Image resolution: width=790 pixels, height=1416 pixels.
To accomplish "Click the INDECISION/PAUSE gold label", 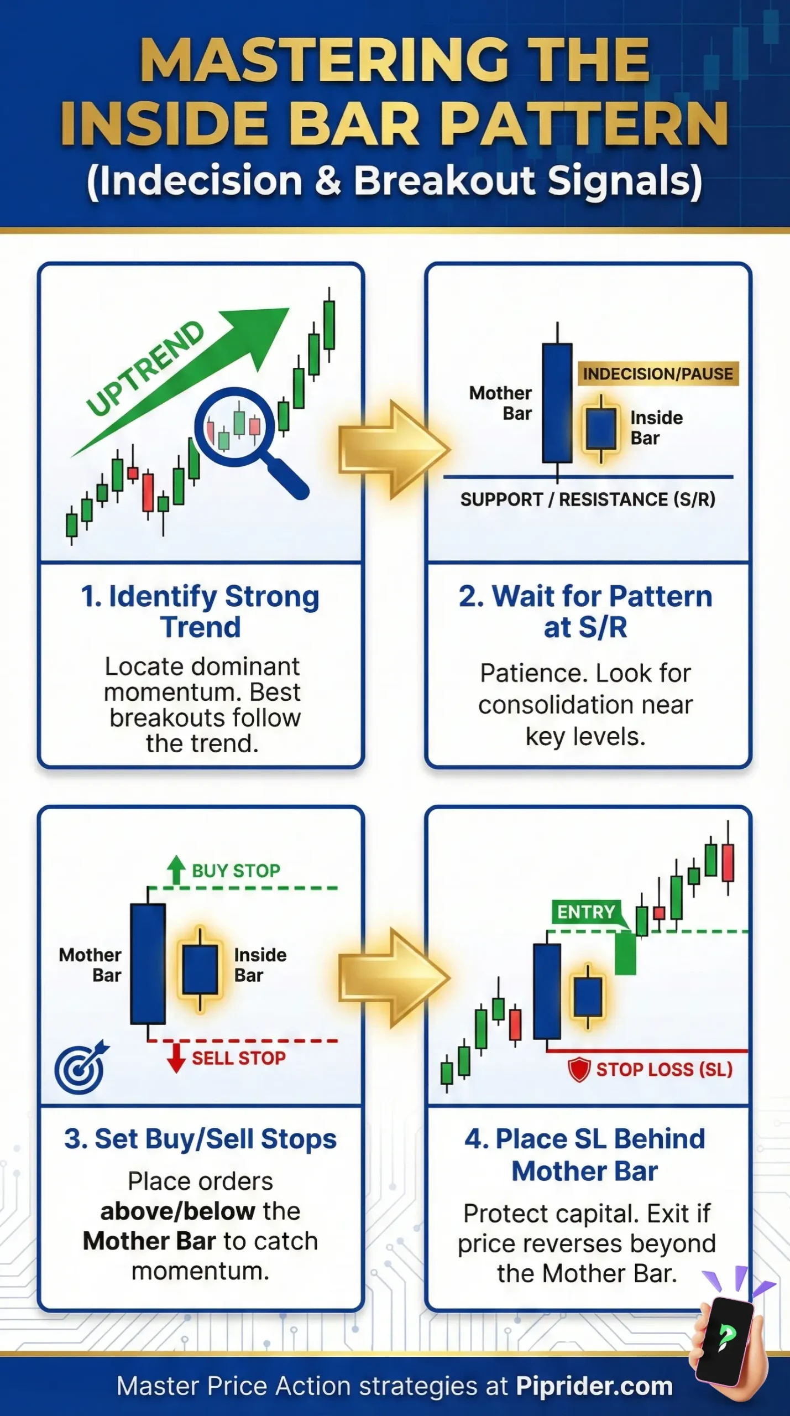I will pyautogui.click(x=658, y=374).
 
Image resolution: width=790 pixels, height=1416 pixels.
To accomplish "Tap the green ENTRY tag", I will pyautogui.click(x=586, y=912).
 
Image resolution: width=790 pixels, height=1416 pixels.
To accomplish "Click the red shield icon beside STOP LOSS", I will pyautogui.click(x=579, y=1069).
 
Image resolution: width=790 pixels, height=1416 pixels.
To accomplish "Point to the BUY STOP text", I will pyautogui.click(x=236, y=871).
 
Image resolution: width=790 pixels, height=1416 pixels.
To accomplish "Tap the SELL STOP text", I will pyautogui.click(x=239, y=1058).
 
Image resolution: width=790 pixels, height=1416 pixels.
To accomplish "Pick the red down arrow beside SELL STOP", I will pyautogui.click(x=176, y=1057).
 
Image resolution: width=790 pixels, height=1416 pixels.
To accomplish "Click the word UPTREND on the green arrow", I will pyautogui.click(x=145, y=368).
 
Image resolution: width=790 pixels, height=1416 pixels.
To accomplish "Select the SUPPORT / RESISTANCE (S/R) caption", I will pyautogui.click(x=588, y=499).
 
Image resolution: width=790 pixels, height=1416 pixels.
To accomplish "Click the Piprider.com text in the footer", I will pyautogui.click(x=594, y=1386).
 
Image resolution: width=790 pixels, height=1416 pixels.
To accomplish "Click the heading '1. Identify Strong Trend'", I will pyautogui.click(x=200, y=611).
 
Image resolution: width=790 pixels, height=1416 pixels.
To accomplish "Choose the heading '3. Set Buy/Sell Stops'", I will pyautogui.click(x=200, y=1139).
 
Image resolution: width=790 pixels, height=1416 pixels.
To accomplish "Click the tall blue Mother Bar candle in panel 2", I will pyautogui.click(x=557, y=403).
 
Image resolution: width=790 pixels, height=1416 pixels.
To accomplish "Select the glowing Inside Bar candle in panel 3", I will pyautogui.click(x=200, y=969).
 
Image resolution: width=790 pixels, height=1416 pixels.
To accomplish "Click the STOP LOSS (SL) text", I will pyautogui.click(x=664, y=1069).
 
